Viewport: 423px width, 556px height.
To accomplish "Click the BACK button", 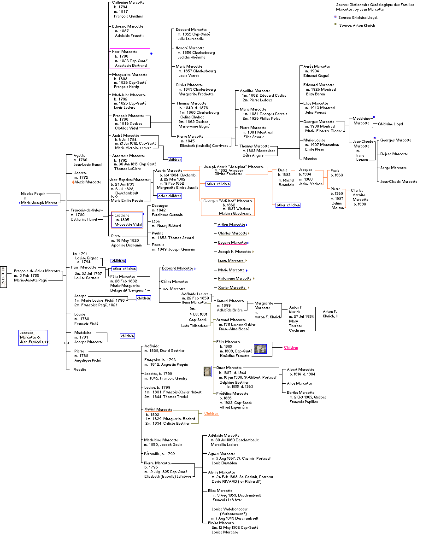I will [x=4, y=276].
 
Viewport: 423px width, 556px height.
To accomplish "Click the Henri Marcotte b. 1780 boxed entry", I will [x=130, y=59].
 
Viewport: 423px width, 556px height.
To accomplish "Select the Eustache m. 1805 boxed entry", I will [x=127, y=220].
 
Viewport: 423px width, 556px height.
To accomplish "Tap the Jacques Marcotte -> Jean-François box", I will [x=33, y=337].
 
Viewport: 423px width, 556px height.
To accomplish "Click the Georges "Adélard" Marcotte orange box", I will [x=229, y=207].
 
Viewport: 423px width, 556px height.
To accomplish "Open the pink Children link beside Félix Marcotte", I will [x=291, y=347].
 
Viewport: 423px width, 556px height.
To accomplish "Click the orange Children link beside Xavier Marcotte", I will [x=211, y=413].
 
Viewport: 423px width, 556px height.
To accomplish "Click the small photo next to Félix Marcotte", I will [x=260, y=349].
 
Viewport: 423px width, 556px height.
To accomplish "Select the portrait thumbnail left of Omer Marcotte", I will [x=207, y=371].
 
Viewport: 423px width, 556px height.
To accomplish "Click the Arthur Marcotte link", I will [x=231, y=224].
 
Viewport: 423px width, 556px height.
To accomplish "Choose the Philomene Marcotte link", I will [x=235, y=278].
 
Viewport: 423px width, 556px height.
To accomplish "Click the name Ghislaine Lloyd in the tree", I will [x=390, y=124].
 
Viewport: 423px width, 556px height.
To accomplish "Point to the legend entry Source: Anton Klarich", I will [x=357, y=25].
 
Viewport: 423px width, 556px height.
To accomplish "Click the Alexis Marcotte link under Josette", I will [x=88, y=182].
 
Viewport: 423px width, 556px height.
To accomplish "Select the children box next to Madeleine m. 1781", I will [x=127, y=336].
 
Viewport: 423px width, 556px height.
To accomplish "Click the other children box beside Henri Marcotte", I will [x=124, y=269].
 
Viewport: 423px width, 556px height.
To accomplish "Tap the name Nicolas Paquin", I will [x=33, y=193].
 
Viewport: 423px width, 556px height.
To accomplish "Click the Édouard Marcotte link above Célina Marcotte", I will [x=177, y=268].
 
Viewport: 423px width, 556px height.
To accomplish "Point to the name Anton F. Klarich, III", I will [x=329, y=314].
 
